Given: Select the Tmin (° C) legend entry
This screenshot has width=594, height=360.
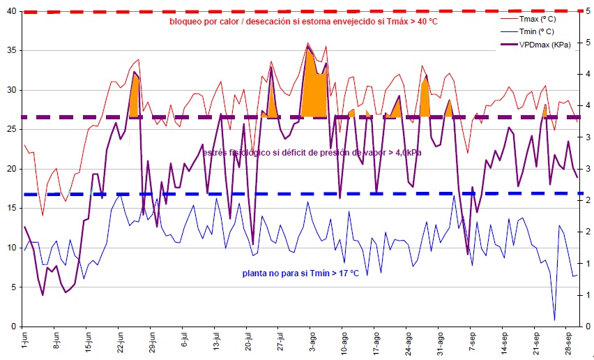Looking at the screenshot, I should point(537,31).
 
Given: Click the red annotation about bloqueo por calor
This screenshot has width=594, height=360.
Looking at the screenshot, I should point(303,21).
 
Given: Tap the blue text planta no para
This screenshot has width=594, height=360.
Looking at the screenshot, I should point(300,273).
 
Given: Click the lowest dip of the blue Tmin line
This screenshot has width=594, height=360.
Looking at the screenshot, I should point(555,320).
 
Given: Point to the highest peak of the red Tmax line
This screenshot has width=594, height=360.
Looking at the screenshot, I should point(307,43).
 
